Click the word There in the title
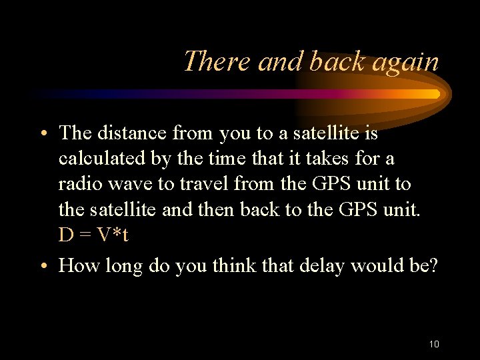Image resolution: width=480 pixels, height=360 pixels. coord(217,61)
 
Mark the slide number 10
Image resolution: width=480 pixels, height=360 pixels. coord(434,344)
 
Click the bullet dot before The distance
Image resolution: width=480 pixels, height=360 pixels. coord(43,135)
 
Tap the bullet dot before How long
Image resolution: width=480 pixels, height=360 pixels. coord(43,267)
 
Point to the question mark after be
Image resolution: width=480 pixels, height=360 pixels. coord(433,266)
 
